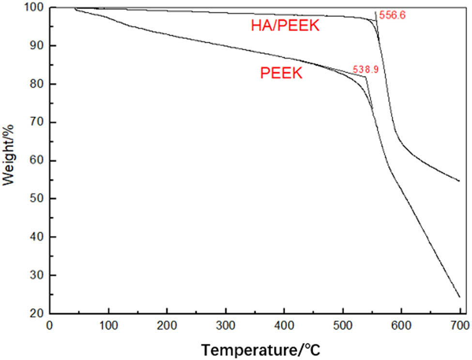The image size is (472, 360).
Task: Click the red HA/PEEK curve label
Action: tap(285, 26)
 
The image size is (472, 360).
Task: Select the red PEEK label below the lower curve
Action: tap(281, 74)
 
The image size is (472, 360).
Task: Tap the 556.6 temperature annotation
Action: tap(392, 15)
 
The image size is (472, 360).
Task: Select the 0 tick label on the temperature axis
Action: tap(49, 325)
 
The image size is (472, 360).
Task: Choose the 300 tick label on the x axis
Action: tap(226, 325)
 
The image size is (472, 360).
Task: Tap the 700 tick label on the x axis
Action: tap(460, 325)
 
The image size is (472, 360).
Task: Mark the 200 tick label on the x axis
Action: tap(167, 325)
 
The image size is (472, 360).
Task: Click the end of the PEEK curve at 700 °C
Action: tap(459, 297)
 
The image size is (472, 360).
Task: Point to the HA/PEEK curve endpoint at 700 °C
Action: tap(459, 181)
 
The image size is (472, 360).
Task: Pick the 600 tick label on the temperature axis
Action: tap(401, 325)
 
